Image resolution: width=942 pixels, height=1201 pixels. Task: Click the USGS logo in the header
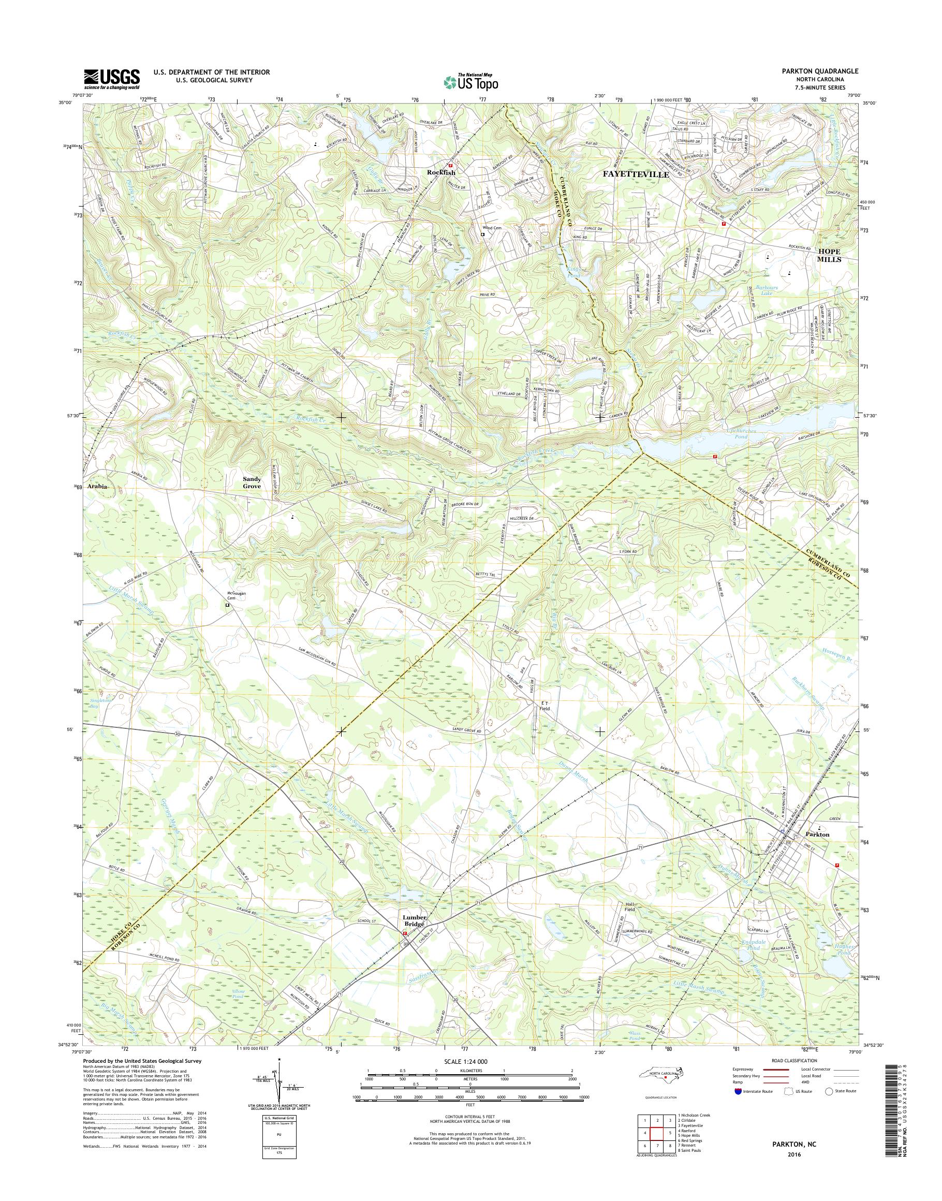(x=111, y=78)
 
